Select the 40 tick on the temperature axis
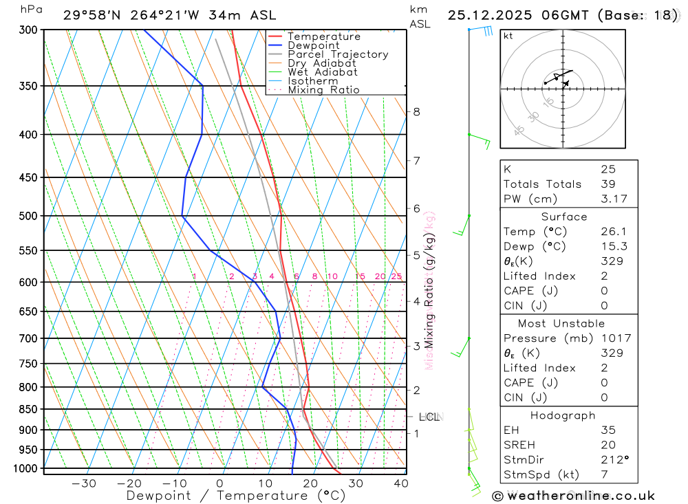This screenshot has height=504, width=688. tap(400, 483)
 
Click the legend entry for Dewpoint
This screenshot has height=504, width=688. tap(313, 45)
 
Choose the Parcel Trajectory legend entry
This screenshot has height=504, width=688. tap(338, 54)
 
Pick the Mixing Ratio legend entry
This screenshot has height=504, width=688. tap(323, 89)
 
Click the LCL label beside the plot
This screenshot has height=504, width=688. tap(429, 417)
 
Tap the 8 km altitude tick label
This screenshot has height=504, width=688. tap(416, 112)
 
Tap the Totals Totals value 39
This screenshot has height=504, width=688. tap(608, 184)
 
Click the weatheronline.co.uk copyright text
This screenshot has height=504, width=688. tap(573, 495)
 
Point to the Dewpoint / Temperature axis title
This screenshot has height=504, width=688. tap(235, 496)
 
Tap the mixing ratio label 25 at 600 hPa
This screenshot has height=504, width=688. tap(396, 276)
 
